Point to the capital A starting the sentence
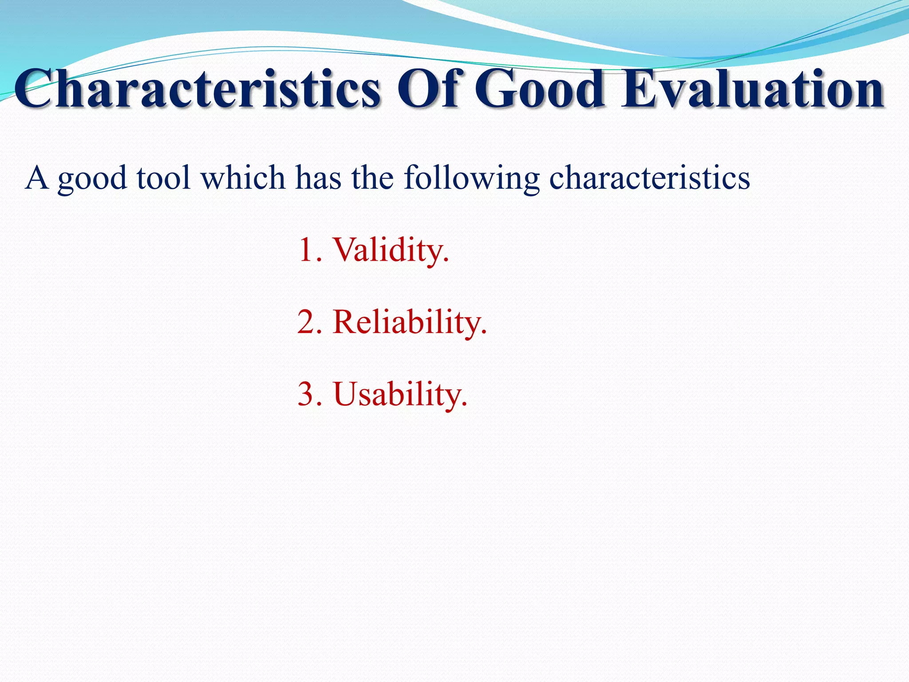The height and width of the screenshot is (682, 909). [36, 178]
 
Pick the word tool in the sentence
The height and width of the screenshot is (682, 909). [164, 178]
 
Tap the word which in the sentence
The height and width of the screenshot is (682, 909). [243, 178]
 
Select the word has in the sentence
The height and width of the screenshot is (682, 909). [318, 178]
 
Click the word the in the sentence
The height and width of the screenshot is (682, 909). [372, 178]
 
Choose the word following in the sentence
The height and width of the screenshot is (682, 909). [471, 179]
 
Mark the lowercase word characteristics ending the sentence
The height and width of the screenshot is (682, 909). [649, 178]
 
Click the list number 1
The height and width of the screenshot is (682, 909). [306, 250]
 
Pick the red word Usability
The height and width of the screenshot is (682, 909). [399, 395]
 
